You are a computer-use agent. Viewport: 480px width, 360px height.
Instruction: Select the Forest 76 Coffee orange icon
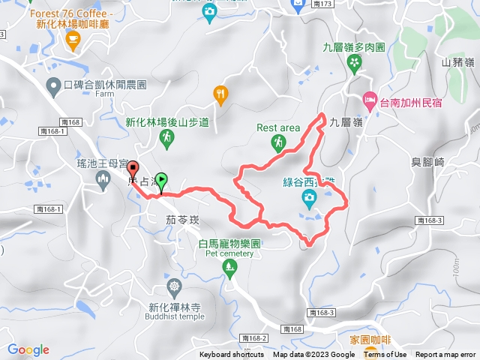[x=73, y=43]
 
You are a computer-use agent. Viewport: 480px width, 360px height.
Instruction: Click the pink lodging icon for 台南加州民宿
[x=369, y=99]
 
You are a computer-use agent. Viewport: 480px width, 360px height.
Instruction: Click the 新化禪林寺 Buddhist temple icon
[x=174, y=287]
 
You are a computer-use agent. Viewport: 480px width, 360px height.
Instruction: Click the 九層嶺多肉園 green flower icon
[x=354, y=65]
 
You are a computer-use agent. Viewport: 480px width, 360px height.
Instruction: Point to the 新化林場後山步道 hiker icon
[x=166, y=139]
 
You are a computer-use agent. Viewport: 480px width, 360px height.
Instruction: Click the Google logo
[x=28, y=349]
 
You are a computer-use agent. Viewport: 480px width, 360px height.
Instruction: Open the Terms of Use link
[x=385, y=355]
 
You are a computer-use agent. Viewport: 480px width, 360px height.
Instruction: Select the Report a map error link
[x=446, y=355]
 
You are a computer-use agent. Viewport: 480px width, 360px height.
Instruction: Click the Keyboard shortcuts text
[x=232, y=355]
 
